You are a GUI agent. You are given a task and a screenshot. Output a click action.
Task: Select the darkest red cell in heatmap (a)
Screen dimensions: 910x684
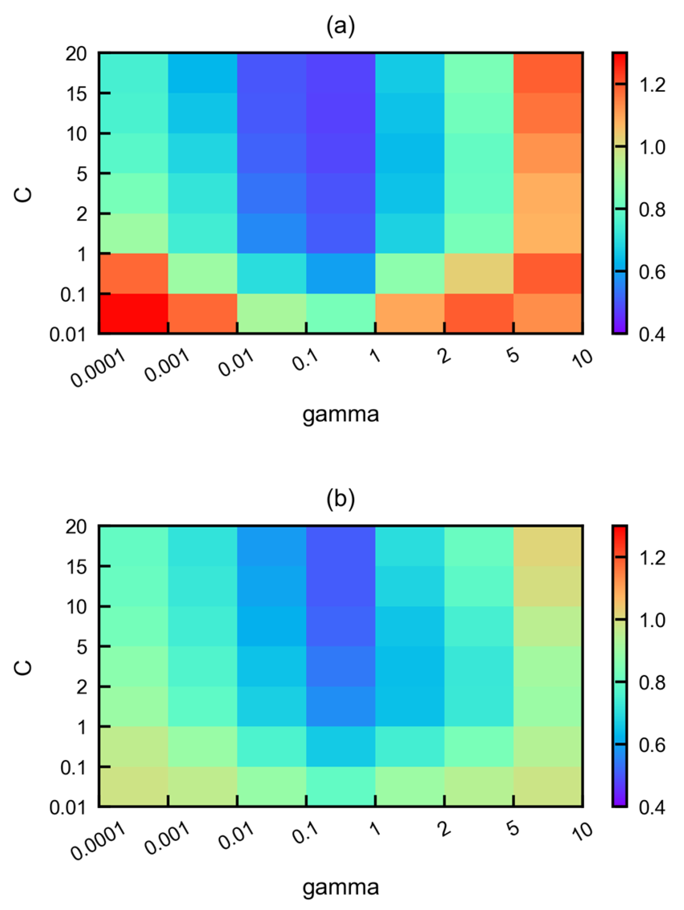[x=133, y=313]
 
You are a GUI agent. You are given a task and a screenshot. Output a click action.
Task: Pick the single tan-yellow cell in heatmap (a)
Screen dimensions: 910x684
[x=479, y=274]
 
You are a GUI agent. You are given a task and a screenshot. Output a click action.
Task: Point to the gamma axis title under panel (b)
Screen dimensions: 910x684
[x=340, y=887]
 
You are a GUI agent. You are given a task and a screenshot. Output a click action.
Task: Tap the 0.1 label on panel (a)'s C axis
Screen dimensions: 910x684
[x=74, y=295]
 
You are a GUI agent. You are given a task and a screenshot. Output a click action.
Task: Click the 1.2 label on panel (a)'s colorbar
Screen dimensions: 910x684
[x=652, y=85]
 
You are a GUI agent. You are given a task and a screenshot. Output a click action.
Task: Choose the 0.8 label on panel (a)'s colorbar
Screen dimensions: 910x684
[x=652, y=210]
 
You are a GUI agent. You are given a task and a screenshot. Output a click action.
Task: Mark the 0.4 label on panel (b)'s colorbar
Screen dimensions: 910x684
[x=652, y=807]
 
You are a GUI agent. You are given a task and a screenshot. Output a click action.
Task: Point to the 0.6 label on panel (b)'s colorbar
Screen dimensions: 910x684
[x=652, y=745]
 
